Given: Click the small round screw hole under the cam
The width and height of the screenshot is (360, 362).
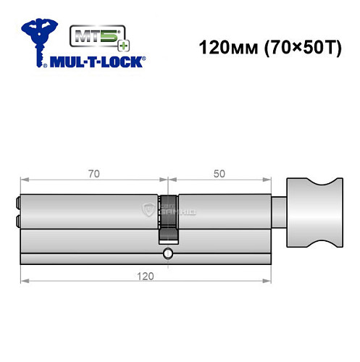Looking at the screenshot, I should pyautogui.click(x=168, y=253).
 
